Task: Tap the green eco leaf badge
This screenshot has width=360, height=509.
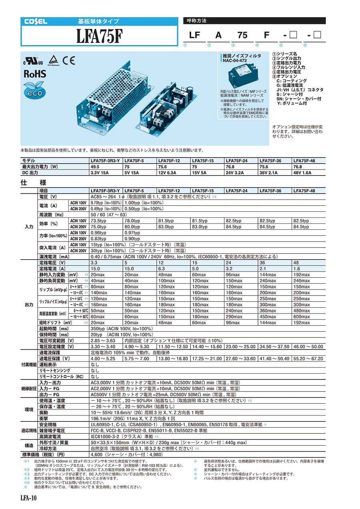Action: tap(35, 89)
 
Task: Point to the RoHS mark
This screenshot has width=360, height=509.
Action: tap(35, 74)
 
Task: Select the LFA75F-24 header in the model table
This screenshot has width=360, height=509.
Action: tap(236, 161)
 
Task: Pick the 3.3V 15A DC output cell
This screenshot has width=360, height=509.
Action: tap(100, 173)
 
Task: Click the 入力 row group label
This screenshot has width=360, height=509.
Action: tap(29, 227)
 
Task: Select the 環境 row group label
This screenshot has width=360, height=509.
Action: tap(29, 409)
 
